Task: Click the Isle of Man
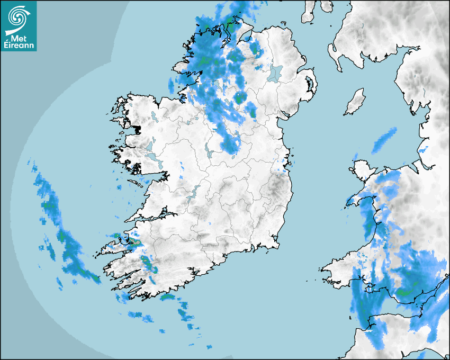(x=355, y=102)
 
